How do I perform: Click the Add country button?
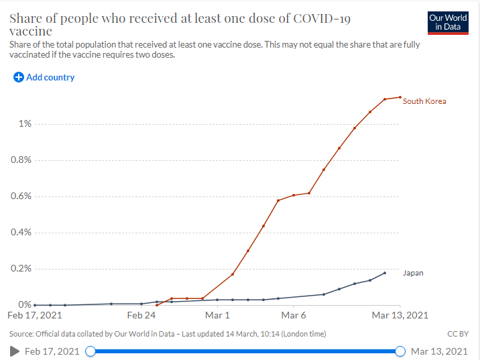point(44,77)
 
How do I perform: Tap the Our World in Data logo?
point(448,23)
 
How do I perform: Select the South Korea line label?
point(424,101)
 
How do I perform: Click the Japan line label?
point(413,273)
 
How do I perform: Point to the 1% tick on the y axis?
point(25,123)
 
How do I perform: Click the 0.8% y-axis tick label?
point(21,160)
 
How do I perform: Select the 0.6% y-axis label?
point(21,196)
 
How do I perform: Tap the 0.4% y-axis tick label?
point(21,232)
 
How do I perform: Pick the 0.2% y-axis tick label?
point(21,268)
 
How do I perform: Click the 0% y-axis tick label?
point(25,304)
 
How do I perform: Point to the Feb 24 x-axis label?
point(141,315)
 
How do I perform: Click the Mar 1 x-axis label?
point(217,315)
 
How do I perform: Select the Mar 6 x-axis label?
point(294,315)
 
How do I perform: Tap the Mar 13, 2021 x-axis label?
point(400,315)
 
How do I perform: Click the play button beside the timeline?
point(14,351)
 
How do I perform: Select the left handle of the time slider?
point(91,351)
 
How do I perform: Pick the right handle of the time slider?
point(400,351)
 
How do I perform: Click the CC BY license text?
point(458,334)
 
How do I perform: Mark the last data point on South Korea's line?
point(400,97)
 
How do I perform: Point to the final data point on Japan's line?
point(385,273)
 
